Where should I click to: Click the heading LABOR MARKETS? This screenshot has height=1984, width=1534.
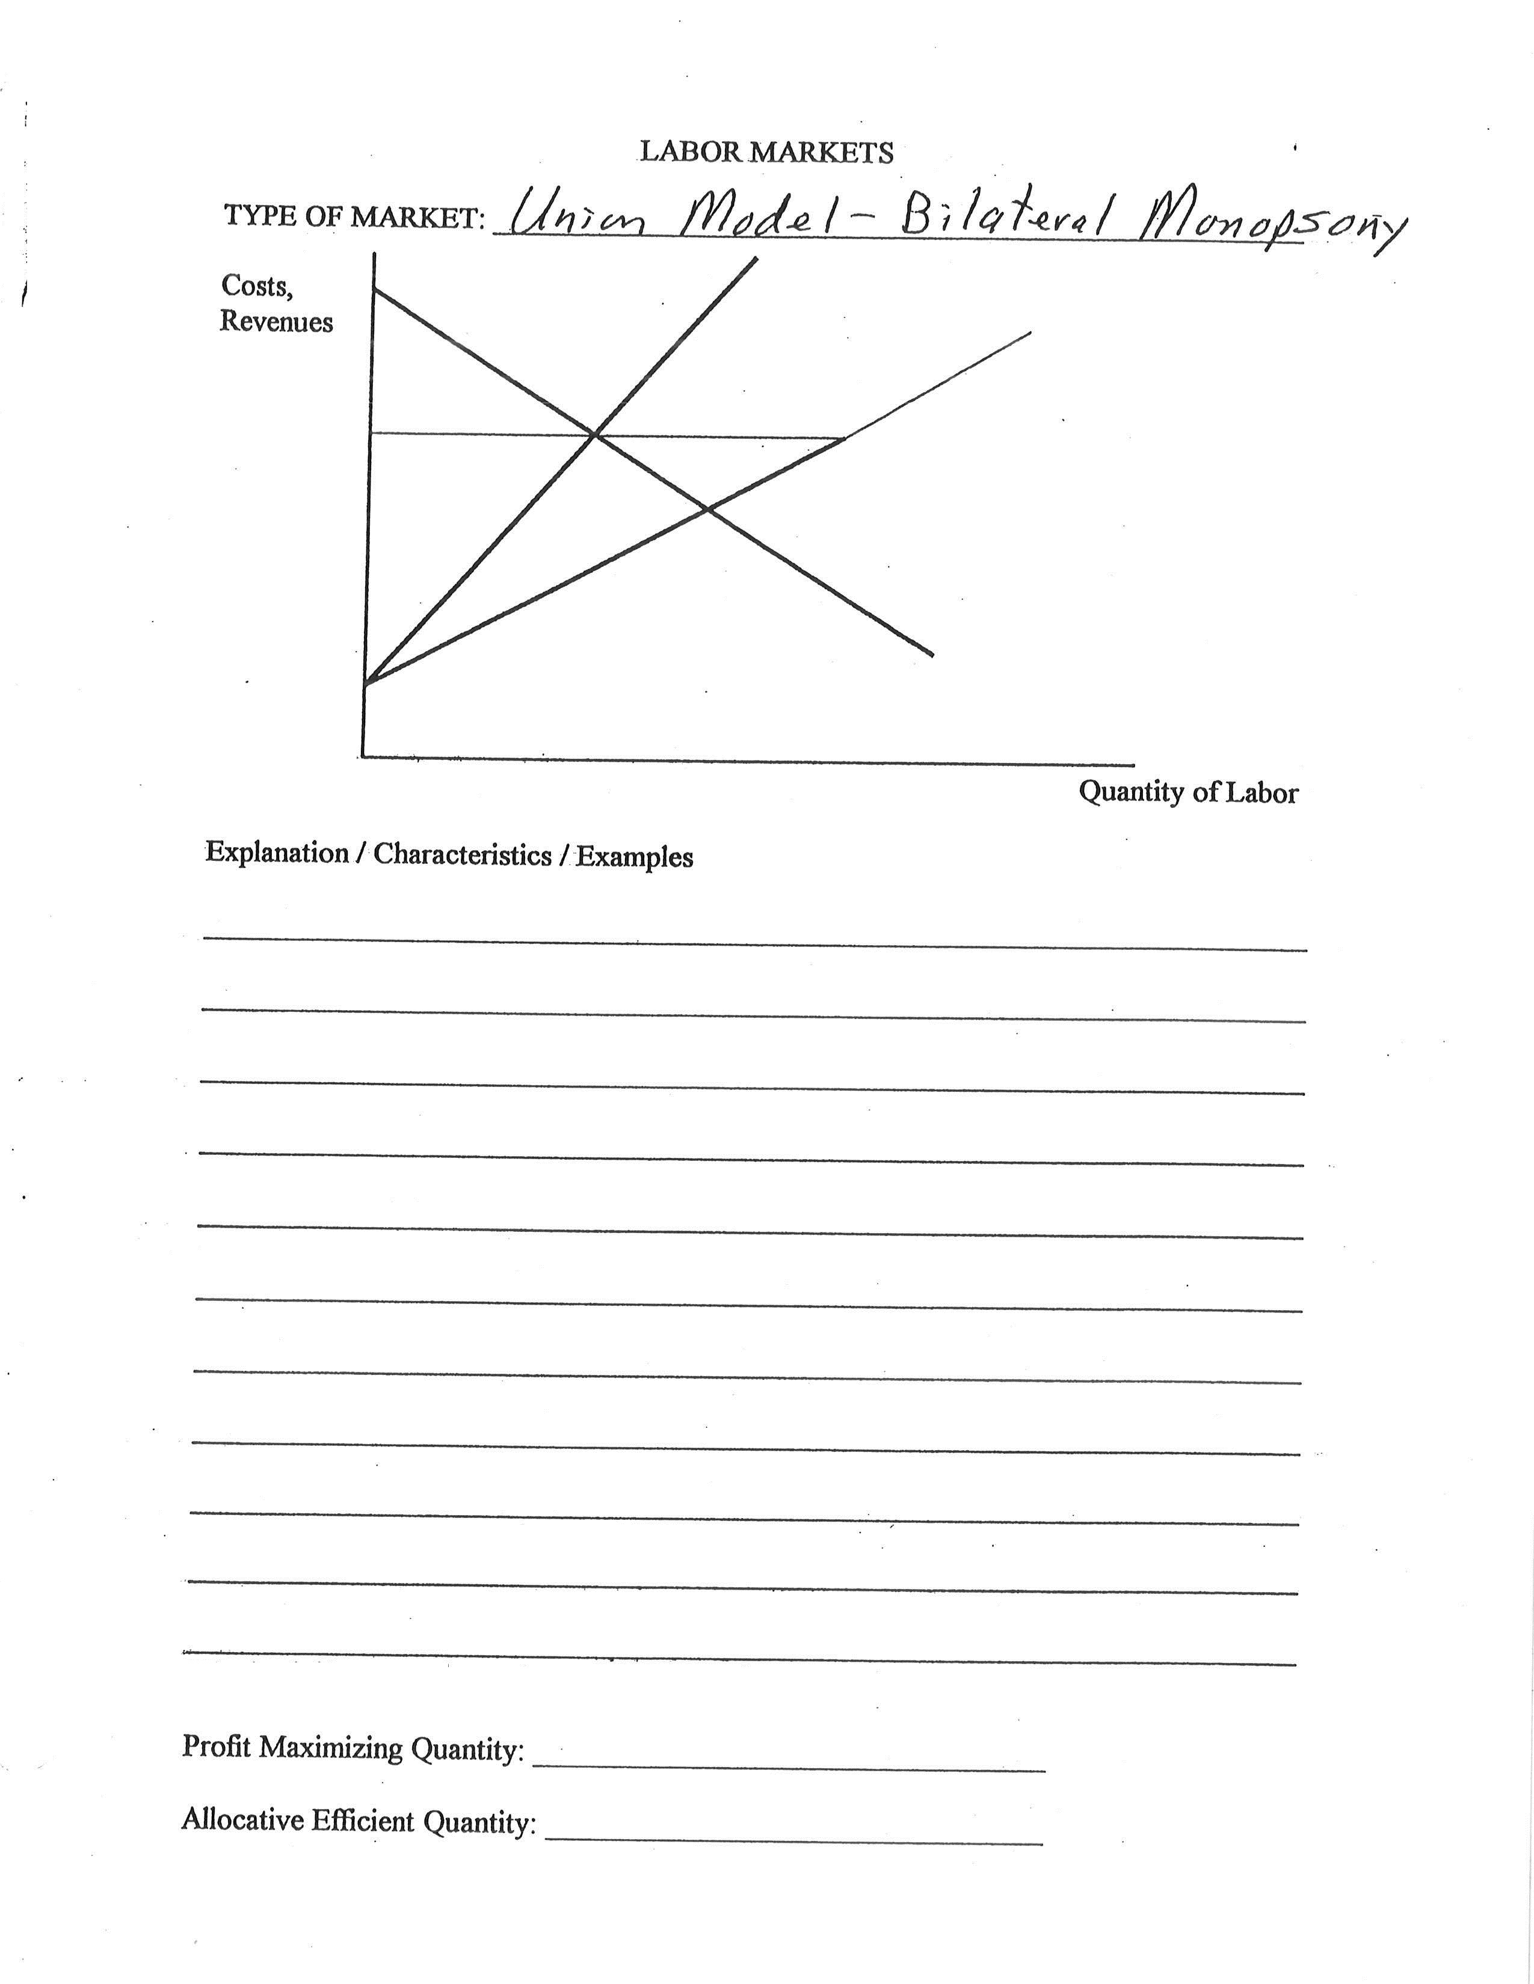[x=766, y=152]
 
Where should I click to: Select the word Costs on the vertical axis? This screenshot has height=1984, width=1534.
[x=256, y=286]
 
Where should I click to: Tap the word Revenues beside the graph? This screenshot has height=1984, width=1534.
[x=276, y=322]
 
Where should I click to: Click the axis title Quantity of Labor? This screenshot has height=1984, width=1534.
[x=1187, y=792]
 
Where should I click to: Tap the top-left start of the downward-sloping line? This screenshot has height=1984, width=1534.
[x=374, y=289]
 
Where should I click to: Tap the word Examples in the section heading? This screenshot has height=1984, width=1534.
[x=634, y=857]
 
